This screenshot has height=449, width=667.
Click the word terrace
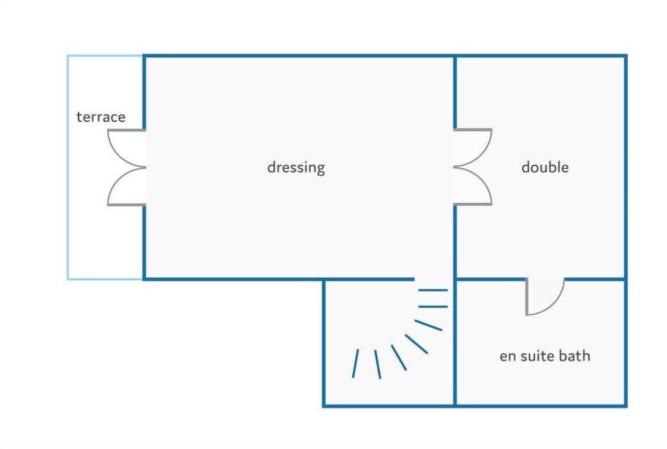pyautogui.click(x=101, y=117)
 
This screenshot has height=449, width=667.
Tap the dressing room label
pyautogui.click(x=296, y=168)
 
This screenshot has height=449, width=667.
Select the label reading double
pyautogui.click(x=545, y=167)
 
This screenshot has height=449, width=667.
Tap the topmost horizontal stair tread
pyautogui.click(x=433, y=291)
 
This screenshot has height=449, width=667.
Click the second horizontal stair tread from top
pyautogui.click(x=433, y=307)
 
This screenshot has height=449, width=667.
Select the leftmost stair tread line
pyautogui.click(x=355, y=364)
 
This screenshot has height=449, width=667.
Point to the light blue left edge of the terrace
pyautogui.click(x=68, y=168)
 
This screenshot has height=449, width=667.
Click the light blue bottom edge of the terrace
pyautogui.click(x=105, y=279)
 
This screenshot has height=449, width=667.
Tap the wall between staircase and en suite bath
pyautogui.click(x=454, y=343)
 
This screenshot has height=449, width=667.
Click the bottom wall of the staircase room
pyautogui.click(x=389, y=406)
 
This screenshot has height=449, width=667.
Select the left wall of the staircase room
pyautogui.click(x=324, y=343)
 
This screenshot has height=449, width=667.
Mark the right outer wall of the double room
pyautogui.click(x=626, y=168)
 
